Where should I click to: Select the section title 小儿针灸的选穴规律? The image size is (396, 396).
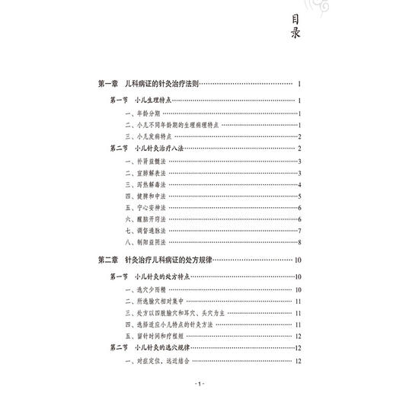(161, 348)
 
